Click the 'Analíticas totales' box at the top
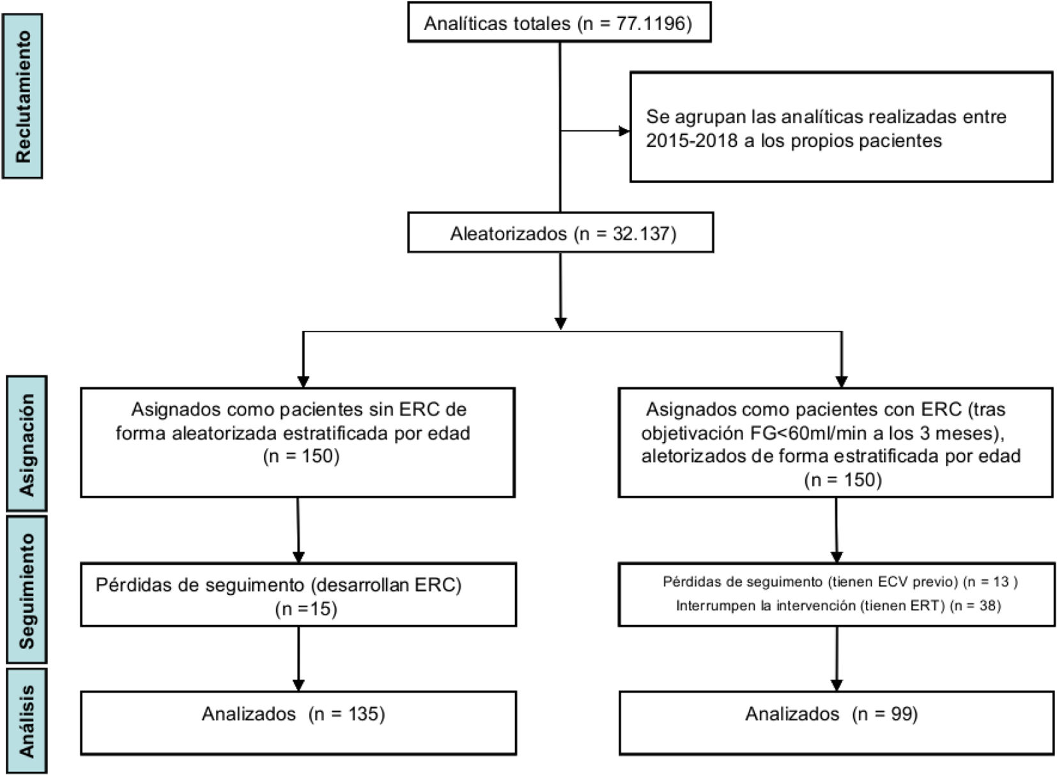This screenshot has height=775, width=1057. click(x=559, y=22)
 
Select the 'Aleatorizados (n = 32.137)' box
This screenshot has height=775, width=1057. click(x=560, y=233)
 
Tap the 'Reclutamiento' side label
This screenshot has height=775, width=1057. click(x=22, y=96)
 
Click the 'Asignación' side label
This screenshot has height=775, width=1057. click(x=27, y=444)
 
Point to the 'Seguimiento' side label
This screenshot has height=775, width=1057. click(x=27, y=590)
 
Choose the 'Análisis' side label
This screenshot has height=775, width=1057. click(x=27, y=720)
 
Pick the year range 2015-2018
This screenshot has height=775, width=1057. click(x=691, y=141)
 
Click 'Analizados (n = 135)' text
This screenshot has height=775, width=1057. click(x=293, y=714)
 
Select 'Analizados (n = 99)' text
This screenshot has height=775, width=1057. click(x=831, y=714)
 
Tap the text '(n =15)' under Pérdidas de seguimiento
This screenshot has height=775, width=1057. click(x=306, y=608)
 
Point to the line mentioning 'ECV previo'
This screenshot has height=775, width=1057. click(x=840, y=581)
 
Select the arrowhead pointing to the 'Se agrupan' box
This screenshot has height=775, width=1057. click(x=624, y=131)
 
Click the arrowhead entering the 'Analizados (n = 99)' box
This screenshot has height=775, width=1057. click(x=837, y=685)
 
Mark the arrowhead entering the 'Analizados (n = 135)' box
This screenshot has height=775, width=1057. click(x=298, y=685)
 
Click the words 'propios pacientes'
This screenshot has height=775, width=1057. click(x=867, y=141)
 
